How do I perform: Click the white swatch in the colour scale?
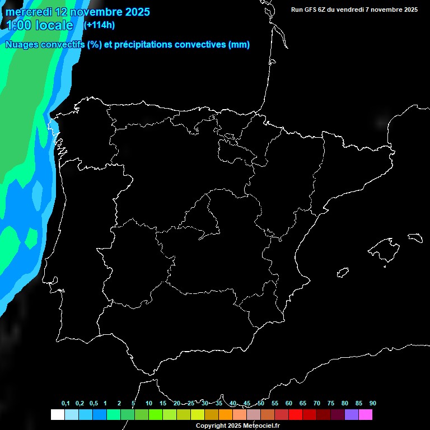tap(57, 414)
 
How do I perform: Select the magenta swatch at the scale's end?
tap(366, 414)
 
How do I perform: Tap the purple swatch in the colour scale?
tap(352, 414)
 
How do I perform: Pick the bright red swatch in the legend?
tap(296, 414)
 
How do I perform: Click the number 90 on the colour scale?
tap(373, 403)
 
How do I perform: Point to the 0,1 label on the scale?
tap(66, 403)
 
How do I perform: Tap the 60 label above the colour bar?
tap(289, 403)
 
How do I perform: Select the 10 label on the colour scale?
tap(149, 403)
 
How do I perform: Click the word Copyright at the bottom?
tap(211, 426)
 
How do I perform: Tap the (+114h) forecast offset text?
tap(99, 25)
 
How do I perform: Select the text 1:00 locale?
tap(40, 25)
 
